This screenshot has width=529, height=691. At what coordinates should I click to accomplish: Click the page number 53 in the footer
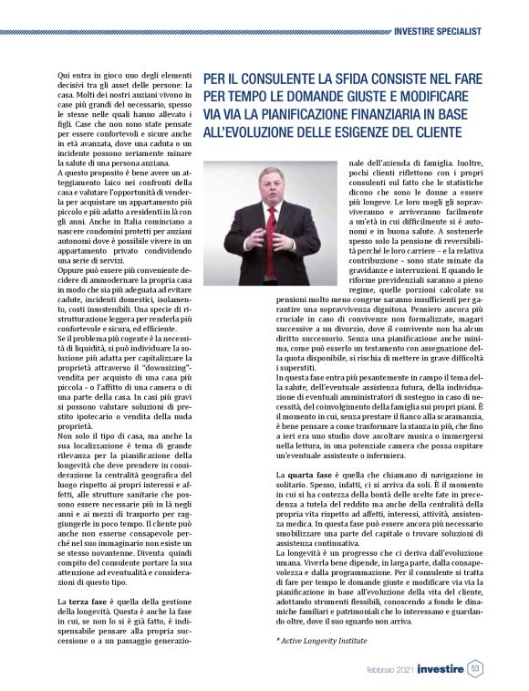476,668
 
